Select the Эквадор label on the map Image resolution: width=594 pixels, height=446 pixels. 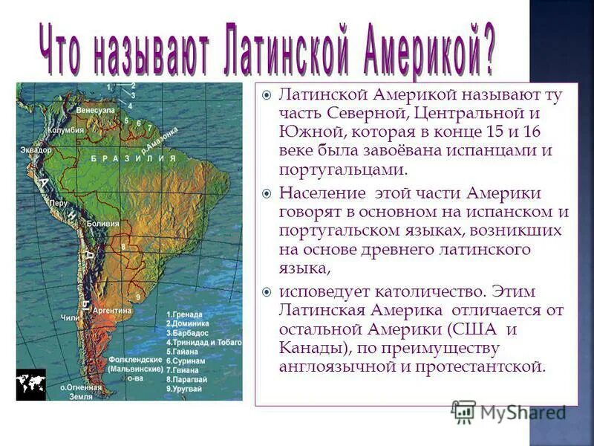[36, 150]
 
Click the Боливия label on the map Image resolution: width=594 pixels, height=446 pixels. [103, 223]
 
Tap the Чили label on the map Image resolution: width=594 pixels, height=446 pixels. [70, 317]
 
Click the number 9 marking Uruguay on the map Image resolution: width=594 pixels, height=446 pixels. [138, 297]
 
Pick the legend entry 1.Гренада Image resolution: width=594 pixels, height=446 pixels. [186, 314]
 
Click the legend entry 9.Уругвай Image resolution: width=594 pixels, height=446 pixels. [186, 389]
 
